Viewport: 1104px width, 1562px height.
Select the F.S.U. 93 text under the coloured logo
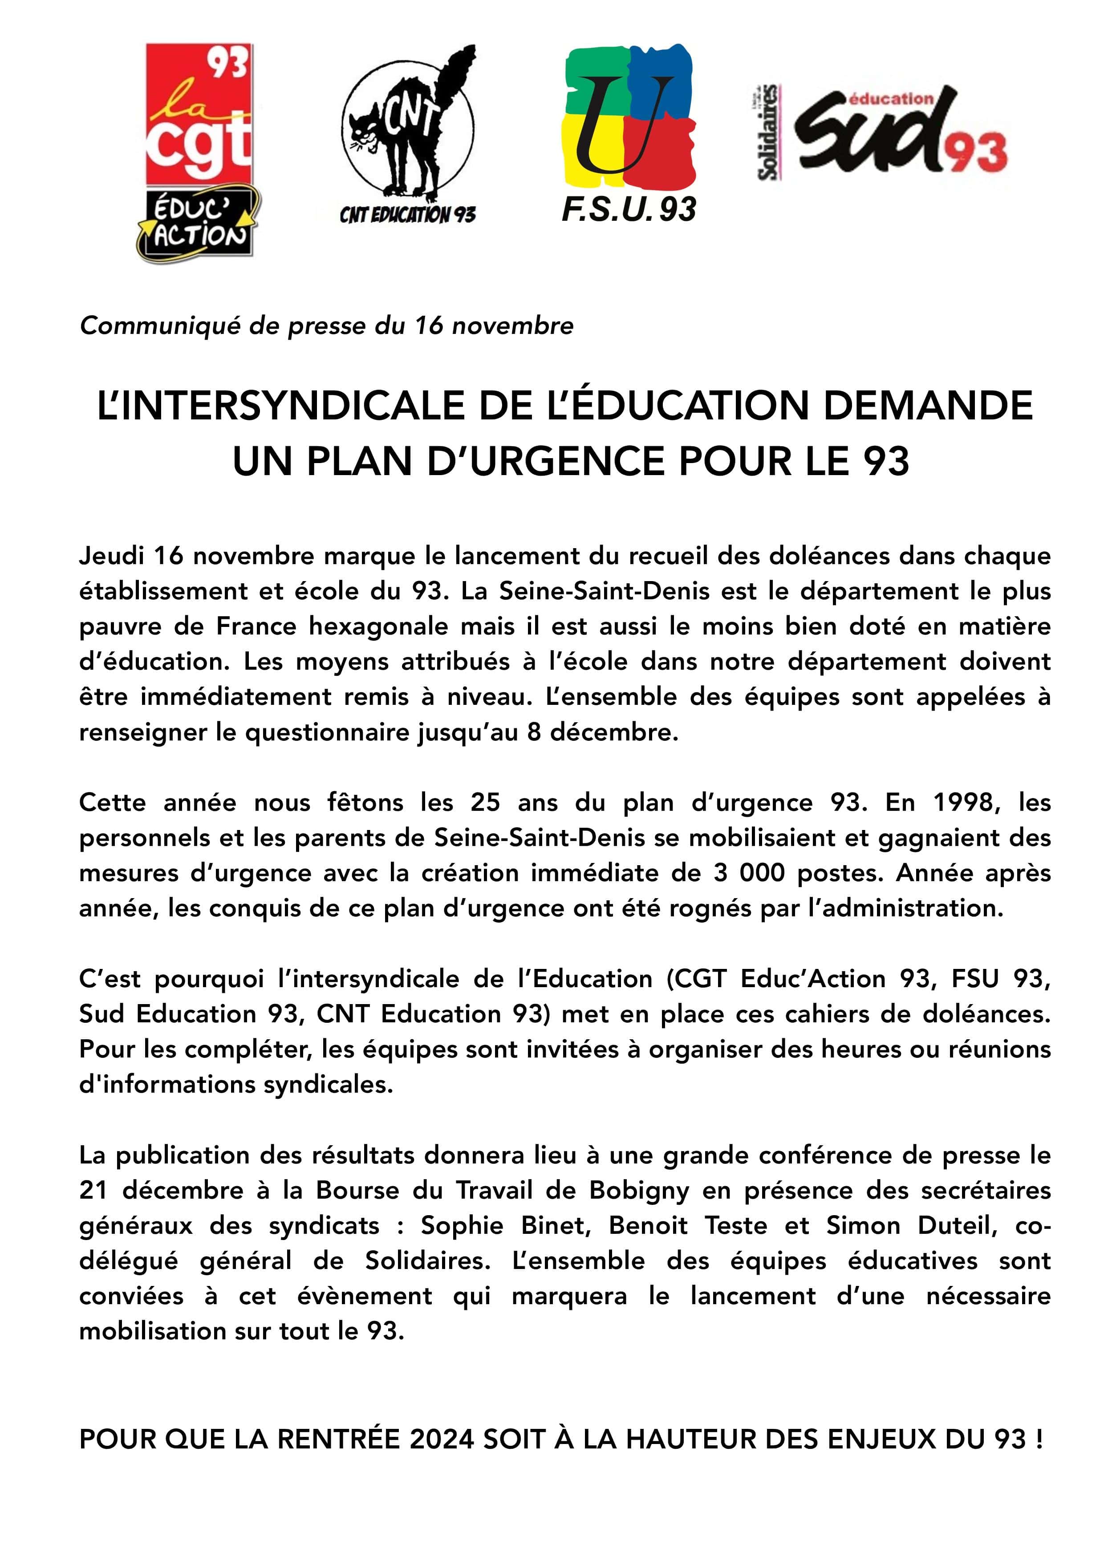coord(629,210)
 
